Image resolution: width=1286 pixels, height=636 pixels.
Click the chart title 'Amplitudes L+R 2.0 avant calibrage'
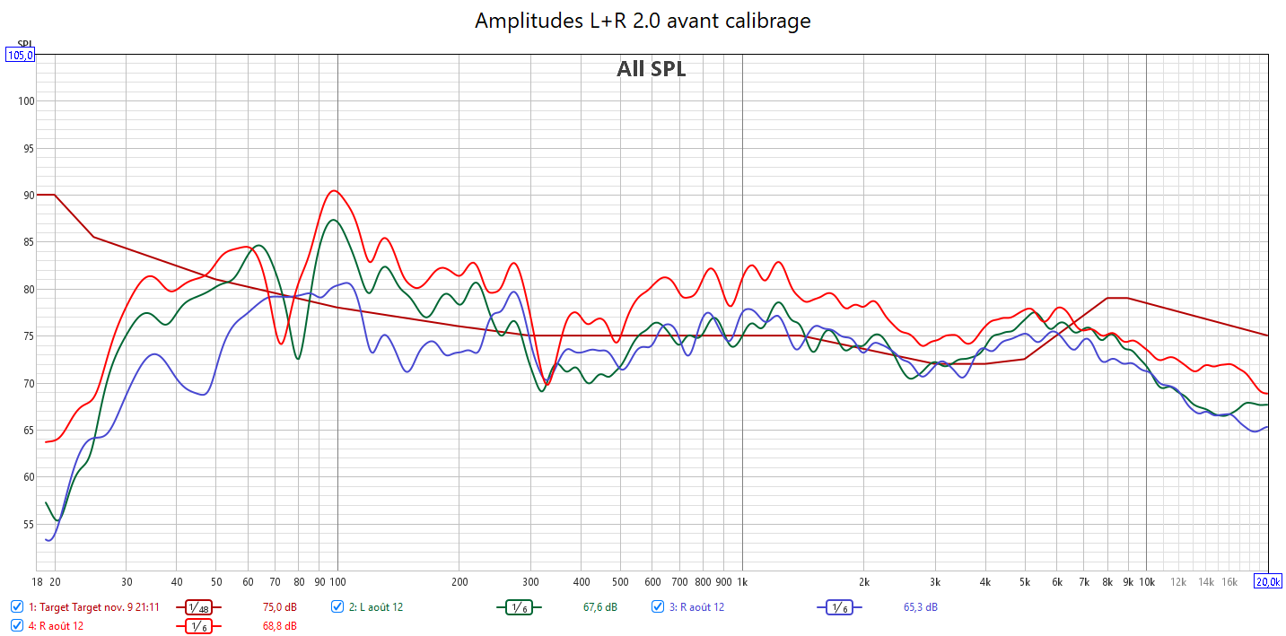tap(643, 20)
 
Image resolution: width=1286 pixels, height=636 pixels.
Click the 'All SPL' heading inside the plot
tap(651, 69)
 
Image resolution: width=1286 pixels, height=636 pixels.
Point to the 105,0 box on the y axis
tap(21, 55)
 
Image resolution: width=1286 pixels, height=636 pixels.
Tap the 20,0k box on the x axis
tap(1268, 581)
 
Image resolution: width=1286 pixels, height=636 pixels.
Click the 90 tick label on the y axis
tap(27, 196)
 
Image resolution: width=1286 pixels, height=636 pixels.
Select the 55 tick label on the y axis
tap(27, 525)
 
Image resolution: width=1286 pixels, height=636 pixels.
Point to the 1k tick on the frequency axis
tap(742, 581)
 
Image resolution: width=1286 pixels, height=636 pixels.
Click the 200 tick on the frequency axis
tap(459, 581)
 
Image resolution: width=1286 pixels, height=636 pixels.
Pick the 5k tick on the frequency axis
tap(1024, 581)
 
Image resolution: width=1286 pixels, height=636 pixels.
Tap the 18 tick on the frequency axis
tap(39, 581)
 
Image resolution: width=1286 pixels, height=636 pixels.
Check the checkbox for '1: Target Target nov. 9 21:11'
tap(17, 607)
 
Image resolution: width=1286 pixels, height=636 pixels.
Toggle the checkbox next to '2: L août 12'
tap(337, 607)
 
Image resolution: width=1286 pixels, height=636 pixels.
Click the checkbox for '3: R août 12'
tap(658, 607)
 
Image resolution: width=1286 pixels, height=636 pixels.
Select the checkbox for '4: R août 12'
tap(17, 625)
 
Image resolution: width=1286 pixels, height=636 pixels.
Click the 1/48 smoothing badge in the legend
tap(199, 607)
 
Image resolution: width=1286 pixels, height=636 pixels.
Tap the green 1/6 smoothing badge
tap(518, 607)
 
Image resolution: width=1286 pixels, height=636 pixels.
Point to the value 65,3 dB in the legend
tap(921, 607)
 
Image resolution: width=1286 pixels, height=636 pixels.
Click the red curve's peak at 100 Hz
tap(334, 190)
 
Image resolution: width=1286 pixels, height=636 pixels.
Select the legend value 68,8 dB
tap(279, 625)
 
